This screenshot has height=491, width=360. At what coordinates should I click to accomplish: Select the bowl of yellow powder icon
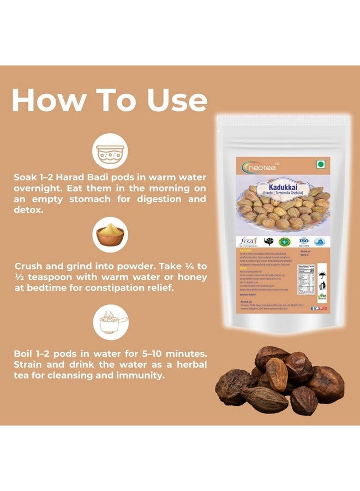pyautogui.click(x=110, y=235)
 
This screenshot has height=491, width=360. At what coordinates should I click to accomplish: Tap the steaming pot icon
pyautogui.click(x=110, y=322)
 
